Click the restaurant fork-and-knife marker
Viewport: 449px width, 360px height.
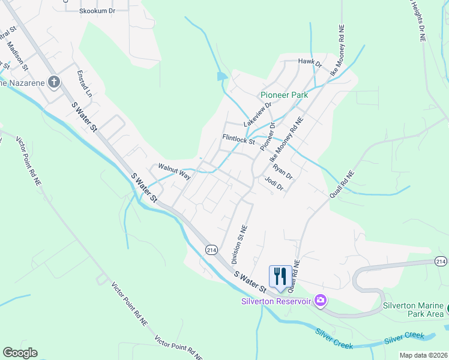click(x=280, y=276)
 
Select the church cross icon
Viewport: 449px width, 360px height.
click(x=54, y=82)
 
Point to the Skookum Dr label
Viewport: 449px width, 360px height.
click(x=97, y=11)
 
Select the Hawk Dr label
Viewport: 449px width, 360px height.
click(x=310, y=62)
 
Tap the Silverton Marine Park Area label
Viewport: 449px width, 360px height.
click(x=414, y=309)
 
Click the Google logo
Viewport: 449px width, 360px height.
click(x=20, y=353)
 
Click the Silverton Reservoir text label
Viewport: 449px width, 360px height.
click(x=276, y=301)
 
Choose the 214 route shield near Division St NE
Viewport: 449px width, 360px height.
click(x=211, y=249)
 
